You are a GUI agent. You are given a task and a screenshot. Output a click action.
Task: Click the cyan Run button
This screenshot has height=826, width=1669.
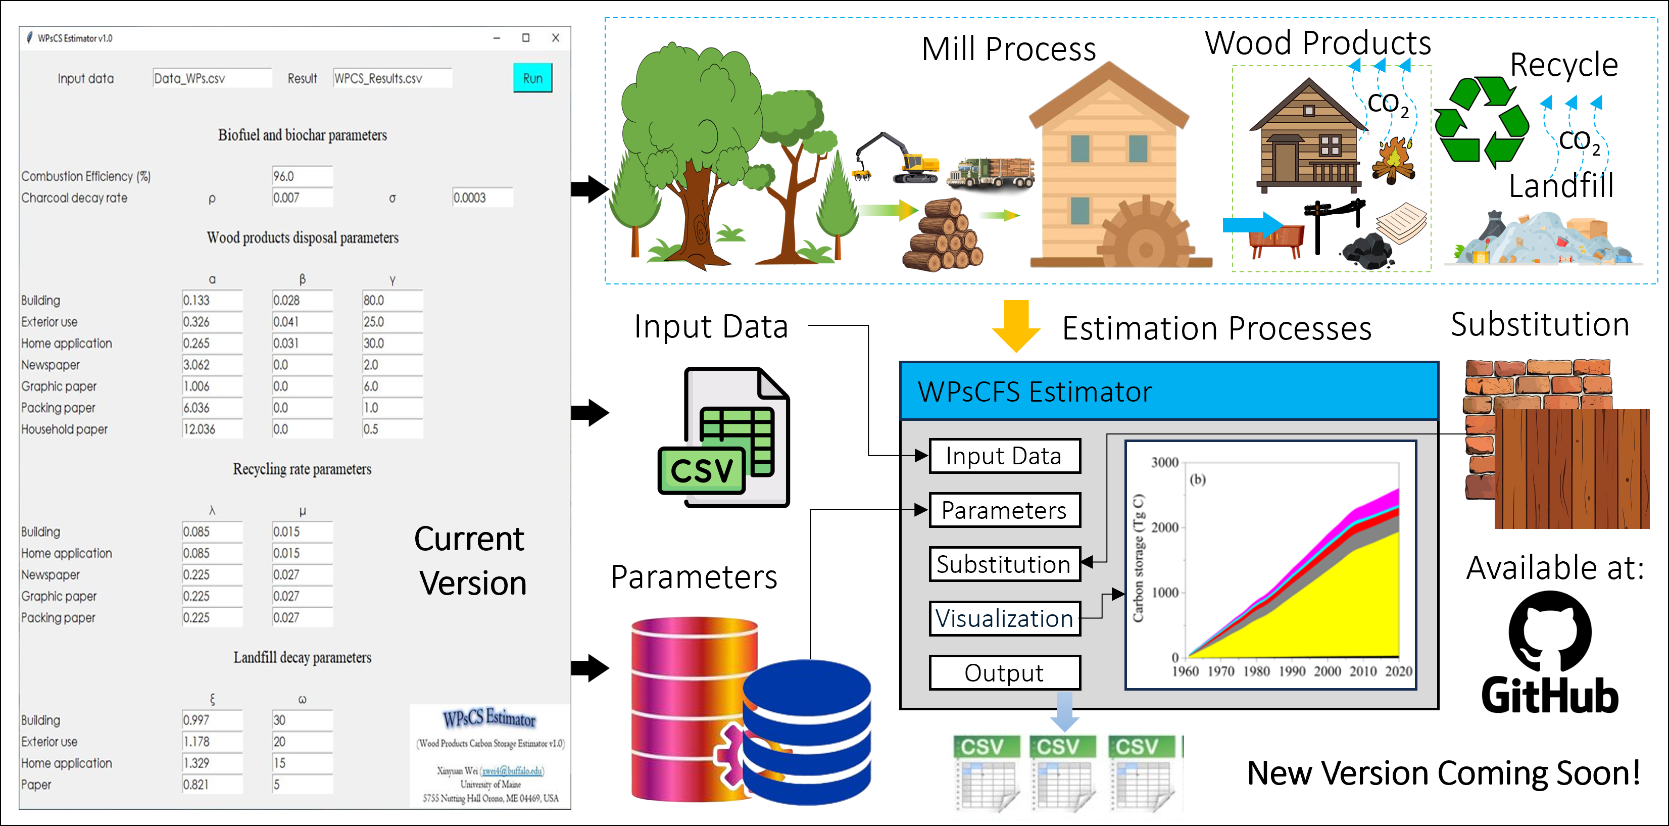tap(532, 78)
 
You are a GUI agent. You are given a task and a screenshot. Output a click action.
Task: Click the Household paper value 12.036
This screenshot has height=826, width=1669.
tap(211, 429)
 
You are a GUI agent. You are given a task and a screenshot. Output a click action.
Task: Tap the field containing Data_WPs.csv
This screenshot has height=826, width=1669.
tap(211, 78)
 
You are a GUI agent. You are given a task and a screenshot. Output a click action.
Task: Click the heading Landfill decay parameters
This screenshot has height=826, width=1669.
tap(302, 658)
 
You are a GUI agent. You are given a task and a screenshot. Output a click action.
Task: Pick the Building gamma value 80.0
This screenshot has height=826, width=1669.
tap(391, 300)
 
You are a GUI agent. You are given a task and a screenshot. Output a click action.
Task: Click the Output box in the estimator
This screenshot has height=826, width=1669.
tap(1004, 672)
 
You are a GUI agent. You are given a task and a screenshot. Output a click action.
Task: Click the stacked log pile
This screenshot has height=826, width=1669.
tap(943, 237)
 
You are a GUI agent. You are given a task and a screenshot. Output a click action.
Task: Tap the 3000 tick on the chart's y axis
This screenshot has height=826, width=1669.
tap(1164, 463)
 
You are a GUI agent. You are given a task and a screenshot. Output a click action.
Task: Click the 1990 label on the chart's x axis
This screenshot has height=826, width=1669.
tap(1291, 671)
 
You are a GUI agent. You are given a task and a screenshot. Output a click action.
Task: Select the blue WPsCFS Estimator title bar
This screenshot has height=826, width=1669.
tap(1168, 392)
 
